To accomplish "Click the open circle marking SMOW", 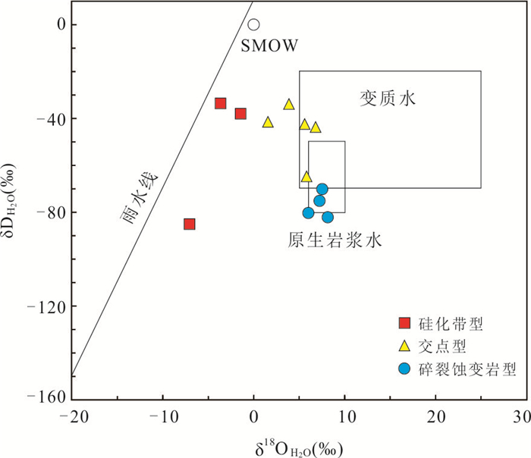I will [x=253, y=25].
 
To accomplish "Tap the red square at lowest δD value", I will [x=190, y=224].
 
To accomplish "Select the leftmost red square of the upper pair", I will [x=221, y=103].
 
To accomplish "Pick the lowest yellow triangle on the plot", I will [x=306, y=177].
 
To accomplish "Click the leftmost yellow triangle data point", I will [x=268, y=122].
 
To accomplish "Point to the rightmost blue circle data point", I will [x=328, y=217].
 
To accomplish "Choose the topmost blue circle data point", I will [x=322, y=190].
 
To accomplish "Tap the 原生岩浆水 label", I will [x=334, y=241].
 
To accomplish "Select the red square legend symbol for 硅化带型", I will [x=404, y=325].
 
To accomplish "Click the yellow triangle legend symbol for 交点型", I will [x=404, y=347].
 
